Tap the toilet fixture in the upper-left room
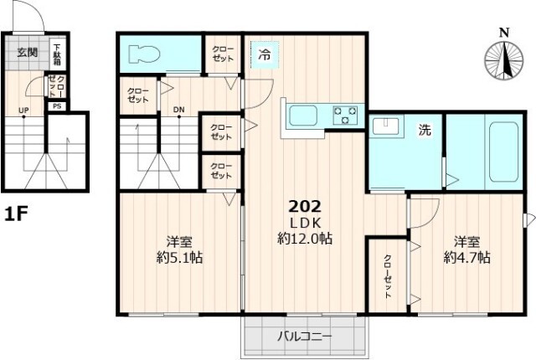143,55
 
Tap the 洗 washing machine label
425,130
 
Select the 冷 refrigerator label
264,55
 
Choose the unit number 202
304,206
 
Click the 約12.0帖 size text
305,238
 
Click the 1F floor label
18,214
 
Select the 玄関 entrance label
28,52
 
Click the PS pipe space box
57,106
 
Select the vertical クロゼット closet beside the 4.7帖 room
388,276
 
